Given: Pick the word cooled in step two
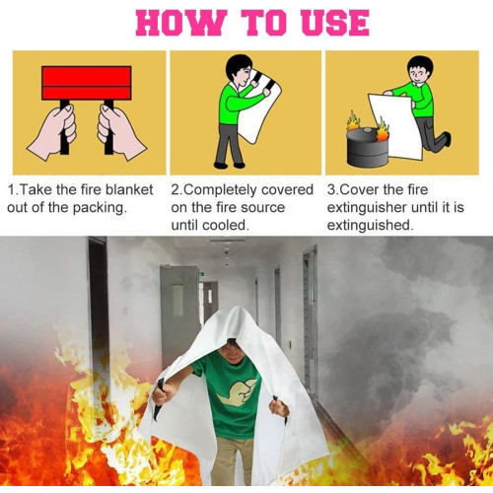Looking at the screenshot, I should pyautogui.click(x=228, y=226).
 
